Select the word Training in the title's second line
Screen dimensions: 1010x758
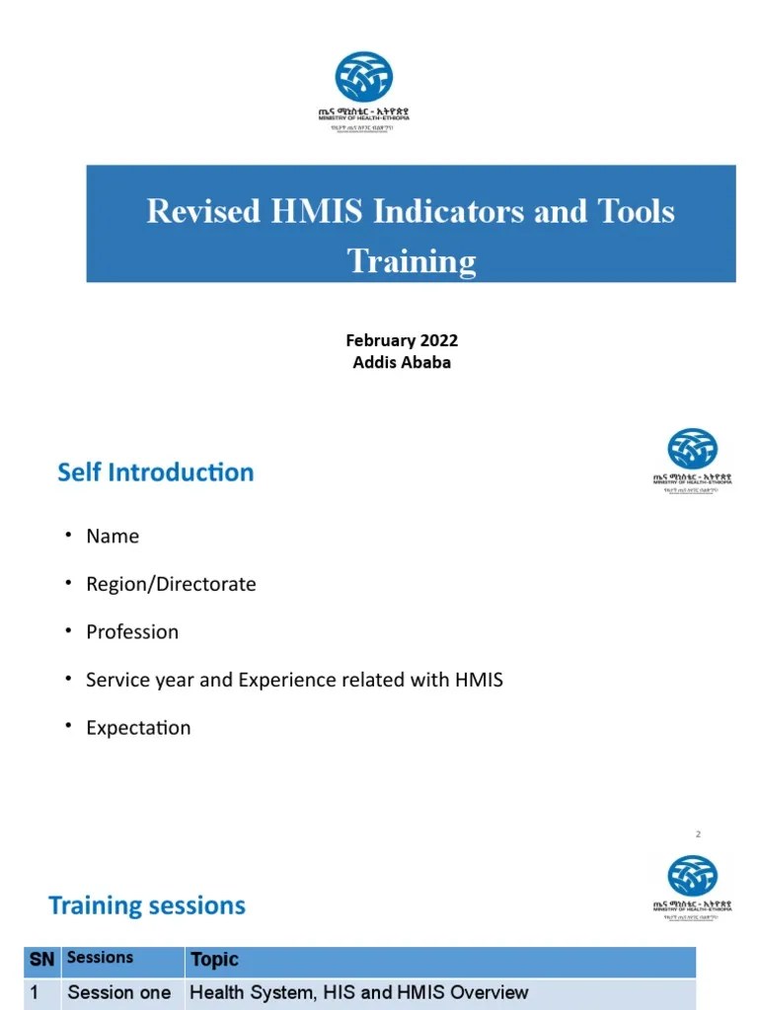coord(411,261)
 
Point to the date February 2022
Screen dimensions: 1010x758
coord(402,340)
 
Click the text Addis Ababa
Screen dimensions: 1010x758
coord(402,362)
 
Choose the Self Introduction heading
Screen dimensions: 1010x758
coord(156,472)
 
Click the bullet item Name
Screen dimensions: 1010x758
coord(113,537)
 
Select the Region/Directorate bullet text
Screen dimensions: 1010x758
coord(171,584)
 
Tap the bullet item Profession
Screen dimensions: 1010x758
coord(132,632)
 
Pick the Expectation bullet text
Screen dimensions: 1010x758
coord(138,728)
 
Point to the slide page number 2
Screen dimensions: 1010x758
coord(698,834)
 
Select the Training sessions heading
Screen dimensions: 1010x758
coord(147,905)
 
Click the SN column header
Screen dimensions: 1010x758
coord(41,959)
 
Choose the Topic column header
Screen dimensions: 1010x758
coord(214,960)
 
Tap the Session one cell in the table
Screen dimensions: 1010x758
coord(118,992)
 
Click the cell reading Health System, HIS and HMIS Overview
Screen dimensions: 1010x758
coord(358,992)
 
